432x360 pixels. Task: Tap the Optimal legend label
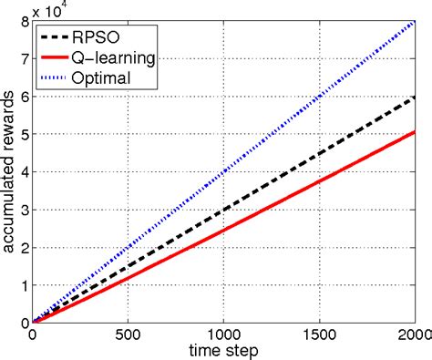(116, 77)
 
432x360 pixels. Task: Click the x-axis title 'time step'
(223, 351)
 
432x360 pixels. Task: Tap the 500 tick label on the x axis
(129, 334)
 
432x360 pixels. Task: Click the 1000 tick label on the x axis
(224, 334)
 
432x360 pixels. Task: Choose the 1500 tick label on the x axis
(320, 334)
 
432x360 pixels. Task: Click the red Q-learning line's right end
(415, 132)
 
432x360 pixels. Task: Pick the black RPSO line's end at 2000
(415, 97)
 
